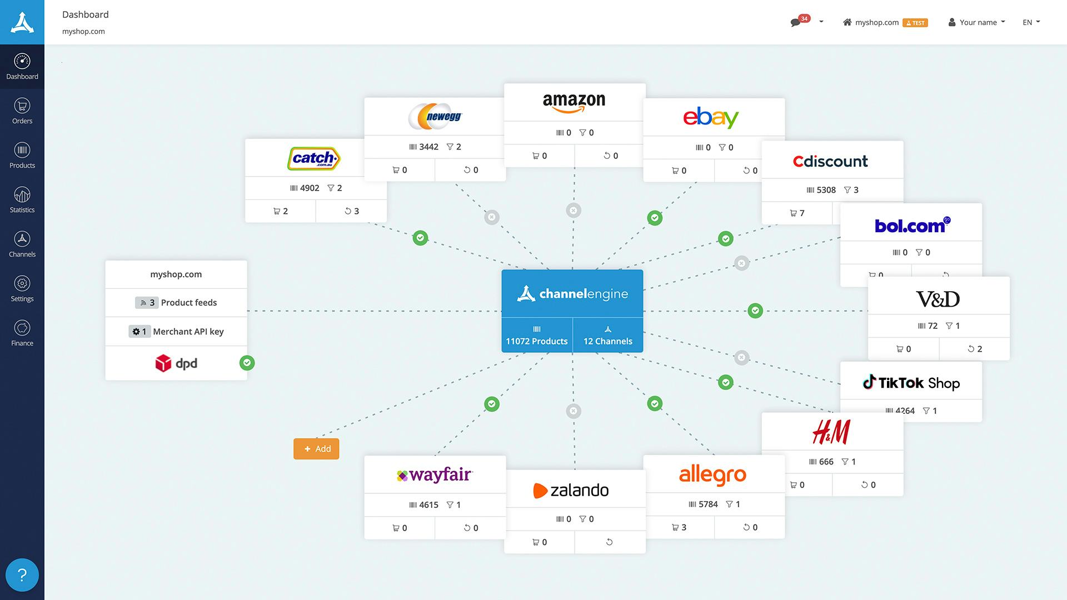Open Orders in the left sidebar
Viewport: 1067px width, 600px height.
pos(22,111)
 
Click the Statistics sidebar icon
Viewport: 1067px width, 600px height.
pos(22,200)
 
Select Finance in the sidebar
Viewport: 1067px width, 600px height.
pos(22,333)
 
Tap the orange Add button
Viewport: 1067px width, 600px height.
pos(316,449)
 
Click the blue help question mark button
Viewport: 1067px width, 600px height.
pos(22,575)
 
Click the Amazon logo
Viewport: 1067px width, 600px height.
pos(574,102)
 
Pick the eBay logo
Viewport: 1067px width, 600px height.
pos(711,118)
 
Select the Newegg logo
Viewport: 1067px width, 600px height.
pos(435,117)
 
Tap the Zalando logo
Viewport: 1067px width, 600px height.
pos(571,490)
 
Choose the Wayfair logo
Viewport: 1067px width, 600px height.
pos(435,475)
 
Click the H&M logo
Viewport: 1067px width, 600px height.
pos(831,432)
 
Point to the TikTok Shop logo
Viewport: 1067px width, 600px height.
pos(911,383)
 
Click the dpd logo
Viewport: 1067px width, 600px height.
pos(176,363)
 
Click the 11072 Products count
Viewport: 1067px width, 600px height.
pos(536,336)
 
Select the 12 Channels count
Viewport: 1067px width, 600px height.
pos(607,336)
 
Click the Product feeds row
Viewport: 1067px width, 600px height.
pos(176,303)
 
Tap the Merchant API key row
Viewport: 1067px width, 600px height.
pos(176,332)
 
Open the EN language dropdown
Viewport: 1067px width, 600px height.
pos(1031,22)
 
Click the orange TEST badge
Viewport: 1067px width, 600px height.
pos(915,23)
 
